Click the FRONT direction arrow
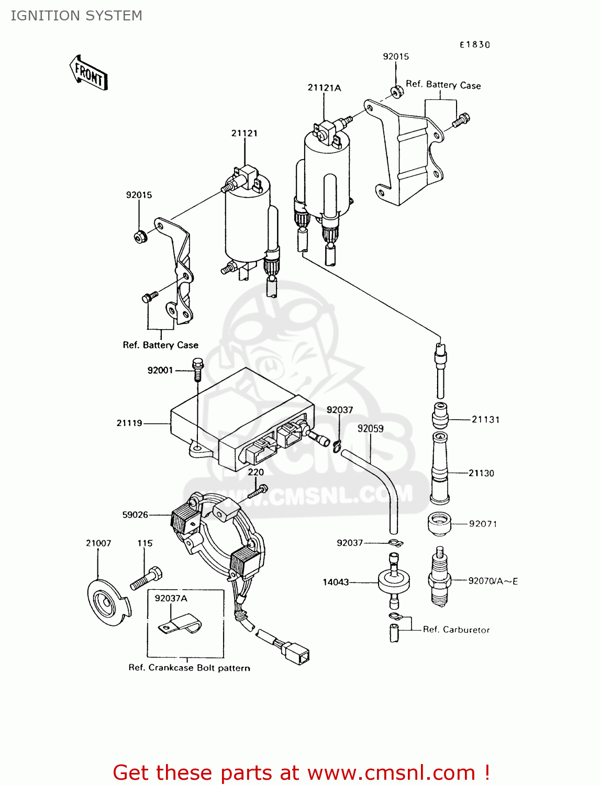(x=88, y=73)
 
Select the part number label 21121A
(x=324, y=88)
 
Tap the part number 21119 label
(x=129, y=423)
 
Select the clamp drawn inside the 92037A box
(x=181, y=624)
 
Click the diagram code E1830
(x=474, y=45)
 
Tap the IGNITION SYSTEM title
(x=76, y=16)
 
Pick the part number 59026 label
(x=135, y=515)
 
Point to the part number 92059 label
(x=370, y=429)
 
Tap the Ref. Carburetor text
(x=456, y=630)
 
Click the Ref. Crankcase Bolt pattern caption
(x=189, y=668)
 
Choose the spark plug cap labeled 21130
(x=440, y=468)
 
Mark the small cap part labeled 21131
(x=440, y=416)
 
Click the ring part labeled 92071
(x=439, y=524)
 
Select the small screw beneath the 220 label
(x=258, y=491)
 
